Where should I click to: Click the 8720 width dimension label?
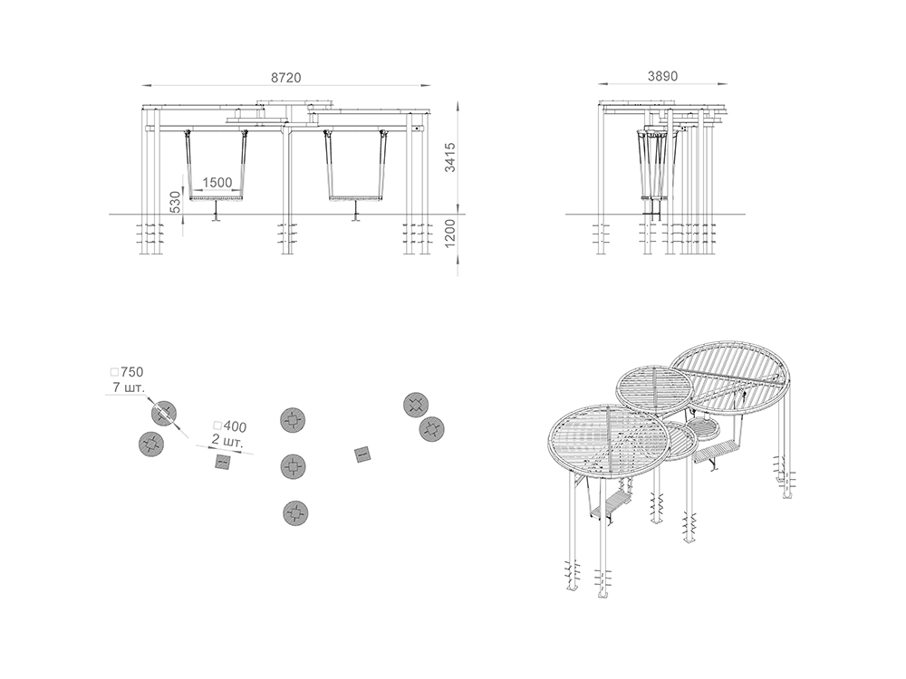pos(286,77)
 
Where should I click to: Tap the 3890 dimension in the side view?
pos(662,76)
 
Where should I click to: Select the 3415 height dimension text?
pos(450,157)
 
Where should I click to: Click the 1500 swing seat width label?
pos(217,183)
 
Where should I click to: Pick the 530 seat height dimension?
pos(176,202)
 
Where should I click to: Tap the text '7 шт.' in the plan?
pos(129,387)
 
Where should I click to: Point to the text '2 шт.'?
pos(227,442)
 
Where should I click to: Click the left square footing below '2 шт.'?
pos(223,462)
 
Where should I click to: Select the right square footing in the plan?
pos(362,455)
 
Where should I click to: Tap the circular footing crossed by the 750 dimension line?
pos(163,414)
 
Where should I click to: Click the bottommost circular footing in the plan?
pos(295,512)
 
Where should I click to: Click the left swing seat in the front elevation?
pos(217,198)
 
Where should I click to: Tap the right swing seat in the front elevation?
pos(356,198)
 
